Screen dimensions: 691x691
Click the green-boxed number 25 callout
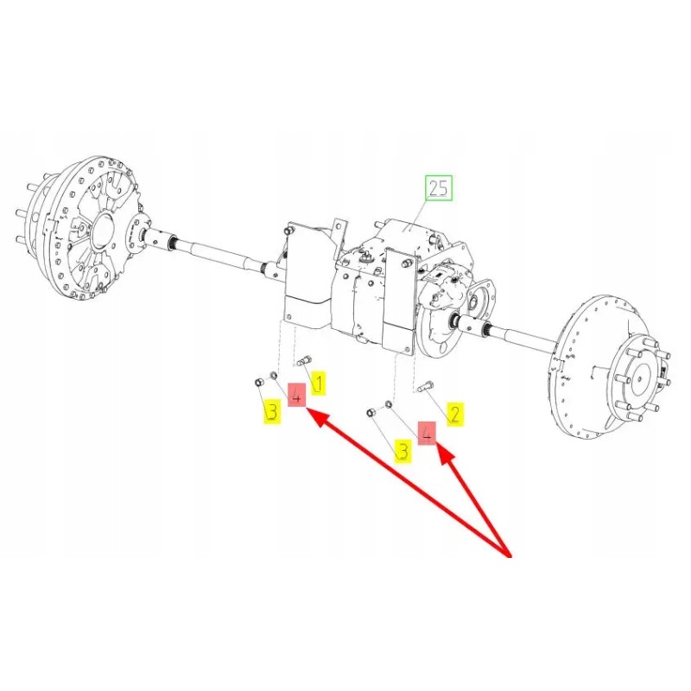[438, 187]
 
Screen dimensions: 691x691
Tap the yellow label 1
[318, 383]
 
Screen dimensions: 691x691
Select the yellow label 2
[454, 413]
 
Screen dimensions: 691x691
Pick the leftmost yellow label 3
[272, 412]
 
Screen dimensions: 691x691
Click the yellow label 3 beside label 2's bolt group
[403, 450]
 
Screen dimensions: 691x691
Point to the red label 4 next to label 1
[296, 396]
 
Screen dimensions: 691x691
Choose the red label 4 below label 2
[426, 434]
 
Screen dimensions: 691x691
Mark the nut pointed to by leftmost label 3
[257, 382]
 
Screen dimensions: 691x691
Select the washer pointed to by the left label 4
[274, 376]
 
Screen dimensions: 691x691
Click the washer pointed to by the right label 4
[389, 404]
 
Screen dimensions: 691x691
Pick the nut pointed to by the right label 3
[371, 413]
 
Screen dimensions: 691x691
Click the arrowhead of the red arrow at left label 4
[314, 416]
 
